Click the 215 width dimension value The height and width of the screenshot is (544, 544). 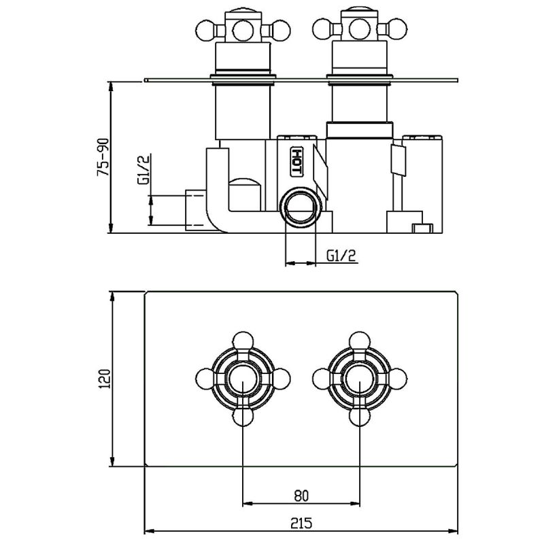tap(301, 522)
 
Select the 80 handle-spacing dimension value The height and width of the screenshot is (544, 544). tap(301, 496)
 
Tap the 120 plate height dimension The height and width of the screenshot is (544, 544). tap(104, 379)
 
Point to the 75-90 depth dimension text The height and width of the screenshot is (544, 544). tap(103, 157)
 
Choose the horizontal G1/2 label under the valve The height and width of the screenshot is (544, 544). tap(341, 256)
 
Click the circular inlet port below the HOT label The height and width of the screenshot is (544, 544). tap(301, 207)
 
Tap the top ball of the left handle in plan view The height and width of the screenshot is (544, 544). tap(243, 341)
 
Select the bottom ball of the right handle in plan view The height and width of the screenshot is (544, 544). tap(360, 417)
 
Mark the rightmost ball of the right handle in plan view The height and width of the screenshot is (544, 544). tap(398, 379)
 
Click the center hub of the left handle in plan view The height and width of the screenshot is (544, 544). tap(243, 379)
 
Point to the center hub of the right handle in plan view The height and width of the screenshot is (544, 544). tap(360, 379)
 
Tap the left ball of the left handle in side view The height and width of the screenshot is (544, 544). tap(205, 30)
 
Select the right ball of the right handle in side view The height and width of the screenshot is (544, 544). tap(397, 29)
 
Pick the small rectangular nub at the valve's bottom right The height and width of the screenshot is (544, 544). tap(422, 228)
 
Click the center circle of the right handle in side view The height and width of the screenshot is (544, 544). tap(359, 29)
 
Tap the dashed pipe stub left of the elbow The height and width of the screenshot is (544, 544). tap(196, 210)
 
